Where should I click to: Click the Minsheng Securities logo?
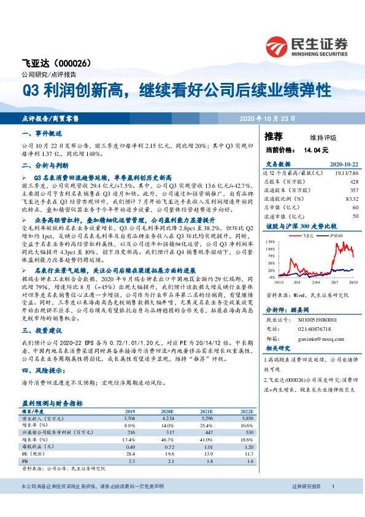coord(306,45)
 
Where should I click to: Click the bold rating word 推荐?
coord(273,136)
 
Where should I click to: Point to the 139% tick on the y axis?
coord(270,242)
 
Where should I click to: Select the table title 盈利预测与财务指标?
coord(53,403)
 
